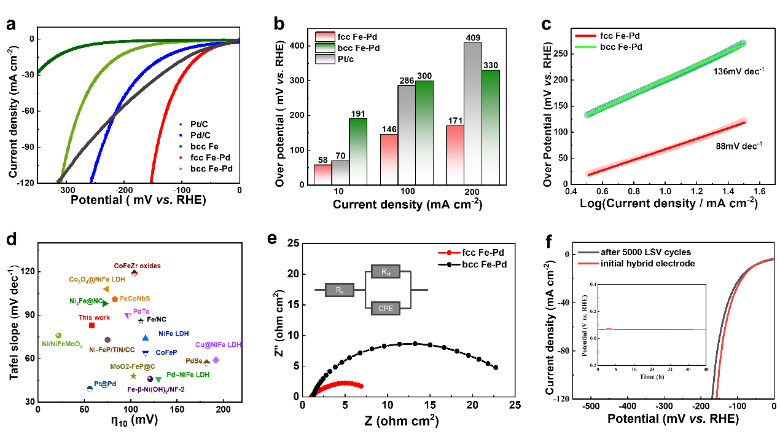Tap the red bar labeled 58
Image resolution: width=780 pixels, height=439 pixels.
[x=322, y=175]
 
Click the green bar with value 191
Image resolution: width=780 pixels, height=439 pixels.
[x=358, y=151]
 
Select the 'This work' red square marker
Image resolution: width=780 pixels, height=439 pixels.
[x=92, y=325]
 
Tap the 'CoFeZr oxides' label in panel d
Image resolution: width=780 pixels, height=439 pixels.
[x=137, y=266]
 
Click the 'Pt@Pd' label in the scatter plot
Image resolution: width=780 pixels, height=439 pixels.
[x=105, y=384]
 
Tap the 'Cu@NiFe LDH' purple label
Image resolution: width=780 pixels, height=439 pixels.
[x=217, y=345]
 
